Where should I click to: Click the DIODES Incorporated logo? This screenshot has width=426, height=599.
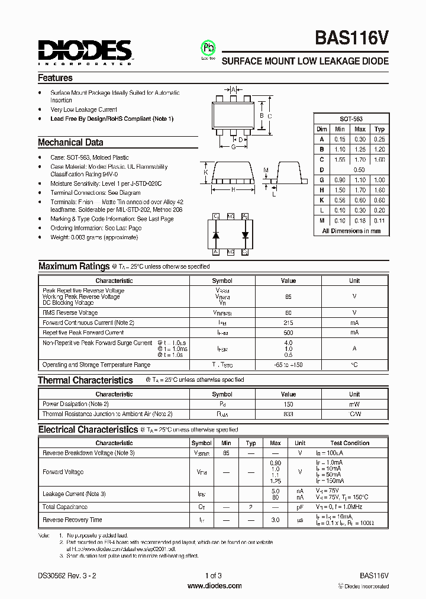[x=85, y=51]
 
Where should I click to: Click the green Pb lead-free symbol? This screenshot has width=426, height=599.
[x=207, y=50]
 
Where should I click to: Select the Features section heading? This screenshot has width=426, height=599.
[x=55, y=78]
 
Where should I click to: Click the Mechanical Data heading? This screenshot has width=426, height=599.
[x=70, y=143]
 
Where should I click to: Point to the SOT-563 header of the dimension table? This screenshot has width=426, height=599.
[x=351, y=119]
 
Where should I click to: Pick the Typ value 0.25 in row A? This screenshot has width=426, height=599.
[x=379, y=139]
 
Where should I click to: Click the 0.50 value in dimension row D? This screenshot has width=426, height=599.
[x=359, y=170]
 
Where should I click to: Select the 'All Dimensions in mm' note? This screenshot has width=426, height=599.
[x=351, y=231]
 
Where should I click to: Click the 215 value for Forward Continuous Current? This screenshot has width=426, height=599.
[x=288, y=323]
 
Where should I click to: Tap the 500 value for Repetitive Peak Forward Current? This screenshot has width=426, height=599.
[x=288, y=333]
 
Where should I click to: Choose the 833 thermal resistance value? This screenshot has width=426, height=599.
[x=288, y=414]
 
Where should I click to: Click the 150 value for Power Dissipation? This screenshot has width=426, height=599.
[x=288, y=404]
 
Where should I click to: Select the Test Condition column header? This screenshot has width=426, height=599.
[x=350, y=443]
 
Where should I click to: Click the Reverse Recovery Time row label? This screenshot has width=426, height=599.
[x=72, y=520]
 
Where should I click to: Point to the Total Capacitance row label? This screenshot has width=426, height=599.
[x=64, y=507]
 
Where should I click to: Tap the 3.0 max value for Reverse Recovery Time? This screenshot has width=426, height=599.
[x=275, y=520]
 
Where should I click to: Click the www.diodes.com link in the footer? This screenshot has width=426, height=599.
[x=214, y=586]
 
